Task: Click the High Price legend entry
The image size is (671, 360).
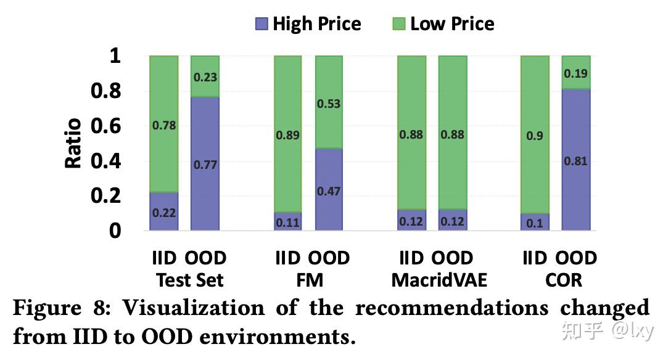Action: coord(308,24)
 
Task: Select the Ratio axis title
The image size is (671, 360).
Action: coord(73,143)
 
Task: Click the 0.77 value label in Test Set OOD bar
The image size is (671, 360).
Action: coord(205,165)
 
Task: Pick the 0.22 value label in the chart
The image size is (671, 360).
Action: coord(164,213)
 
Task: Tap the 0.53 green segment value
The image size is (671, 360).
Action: coord(329,104)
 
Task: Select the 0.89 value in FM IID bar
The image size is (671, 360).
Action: coord(289,135)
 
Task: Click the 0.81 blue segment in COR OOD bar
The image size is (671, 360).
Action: coord(576,161)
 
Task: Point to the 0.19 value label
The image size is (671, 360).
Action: coord(576,74)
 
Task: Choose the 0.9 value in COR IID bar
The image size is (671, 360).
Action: coord(535,135)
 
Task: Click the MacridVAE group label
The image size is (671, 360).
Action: coord(439,280)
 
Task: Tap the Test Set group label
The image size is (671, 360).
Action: coord(189,280)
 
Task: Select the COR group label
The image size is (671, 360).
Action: coord(563,280)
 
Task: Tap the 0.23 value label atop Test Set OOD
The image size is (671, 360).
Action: coord(205,78)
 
